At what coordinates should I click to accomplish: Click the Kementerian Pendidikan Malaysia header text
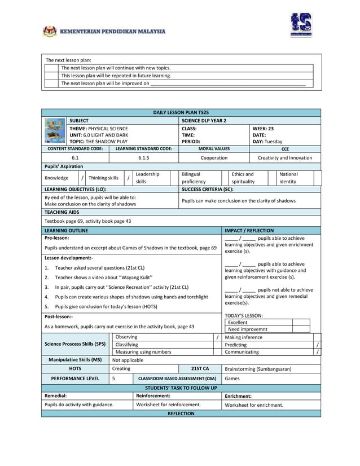point(113,32)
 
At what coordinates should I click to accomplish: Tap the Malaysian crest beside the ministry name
point(50,32)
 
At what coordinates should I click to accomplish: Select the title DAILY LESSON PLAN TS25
point(181,113)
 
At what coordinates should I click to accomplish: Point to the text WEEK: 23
point(263,129)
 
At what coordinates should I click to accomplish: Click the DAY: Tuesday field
point(267,142)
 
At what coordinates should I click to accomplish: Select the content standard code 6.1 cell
point(75,158)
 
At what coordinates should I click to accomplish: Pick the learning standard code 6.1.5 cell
point(143,158)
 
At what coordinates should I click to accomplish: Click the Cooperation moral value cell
point(214,158)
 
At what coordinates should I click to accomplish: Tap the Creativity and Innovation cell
point(284,158)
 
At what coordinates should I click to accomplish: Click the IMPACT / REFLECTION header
point(249,231)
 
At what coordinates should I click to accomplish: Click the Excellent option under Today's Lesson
point(238,322)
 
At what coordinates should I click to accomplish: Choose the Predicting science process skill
point(235,344)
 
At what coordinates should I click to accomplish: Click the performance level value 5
point(114,379)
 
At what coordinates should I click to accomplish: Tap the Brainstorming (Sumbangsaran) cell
point(258,368)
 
